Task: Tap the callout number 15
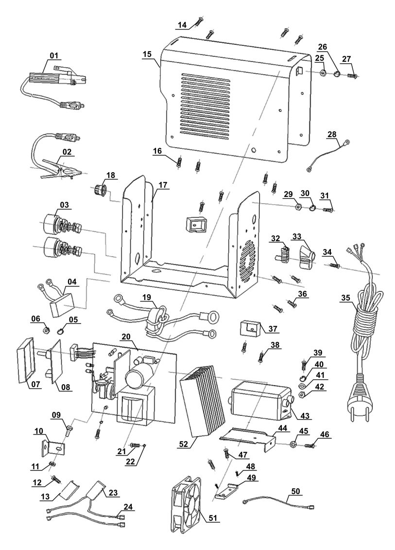147,54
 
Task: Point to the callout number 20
126,337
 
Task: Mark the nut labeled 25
322,74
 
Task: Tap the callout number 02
67,152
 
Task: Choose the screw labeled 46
310,444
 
